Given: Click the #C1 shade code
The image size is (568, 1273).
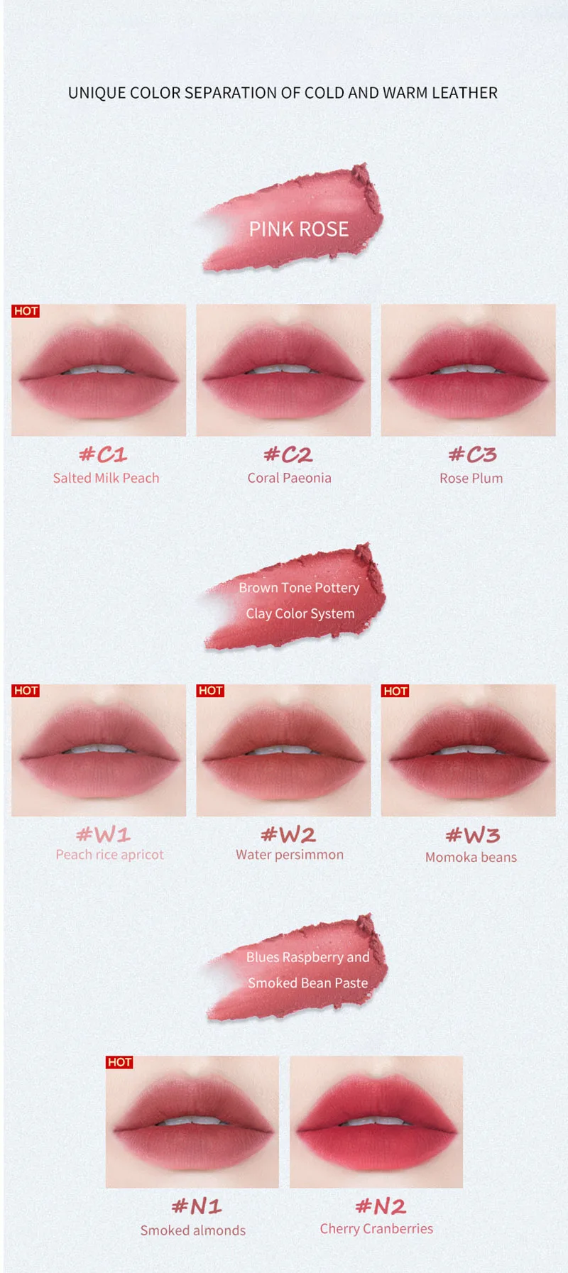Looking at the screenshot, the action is [x=103, y=454].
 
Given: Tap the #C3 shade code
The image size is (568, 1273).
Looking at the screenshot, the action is [x=472, y=454].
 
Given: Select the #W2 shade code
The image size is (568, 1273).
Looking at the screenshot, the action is [x=288, y=834].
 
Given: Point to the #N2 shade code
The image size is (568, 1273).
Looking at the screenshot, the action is [x=381, y=1206].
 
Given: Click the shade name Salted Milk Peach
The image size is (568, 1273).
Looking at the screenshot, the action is [x=106, y=478].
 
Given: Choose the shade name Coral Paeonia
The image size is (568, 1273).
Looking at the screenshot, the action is [x=289, y=478].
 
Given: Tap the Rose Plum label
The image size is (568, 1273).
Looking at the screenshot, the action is [x=471, y=478].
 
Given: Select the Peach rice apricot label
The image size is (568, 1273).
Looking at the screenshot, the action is [x=109, y=855].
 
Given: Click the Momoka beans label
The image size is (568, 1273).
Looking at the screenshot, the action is [x=471, y=857].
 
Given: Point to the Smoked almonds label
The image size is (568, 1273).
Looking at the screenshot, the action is [x=192, y=1230].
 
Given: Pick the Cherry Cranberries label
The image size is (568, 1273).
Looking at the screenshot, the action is [x=376, y=1228].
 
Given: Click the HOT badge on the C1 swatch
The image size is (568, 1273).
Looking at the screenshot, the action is [x=26, y=311].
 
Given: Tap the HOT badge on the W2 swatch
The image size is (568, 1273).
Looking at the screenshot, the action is [x=210, y=691].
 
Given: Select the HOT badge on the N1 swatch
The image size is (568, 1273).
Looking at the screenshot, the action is [x=119, y=1062].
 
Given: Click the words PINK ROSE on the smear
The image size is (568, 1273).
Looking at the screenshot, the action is [x=298, y=229].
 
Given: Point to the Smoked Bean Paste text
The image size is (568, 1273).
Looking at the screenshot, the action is [x=307, y=983].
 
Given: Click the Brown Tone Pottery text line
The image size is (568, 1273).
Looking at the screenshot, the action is [x=299, y=588].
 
